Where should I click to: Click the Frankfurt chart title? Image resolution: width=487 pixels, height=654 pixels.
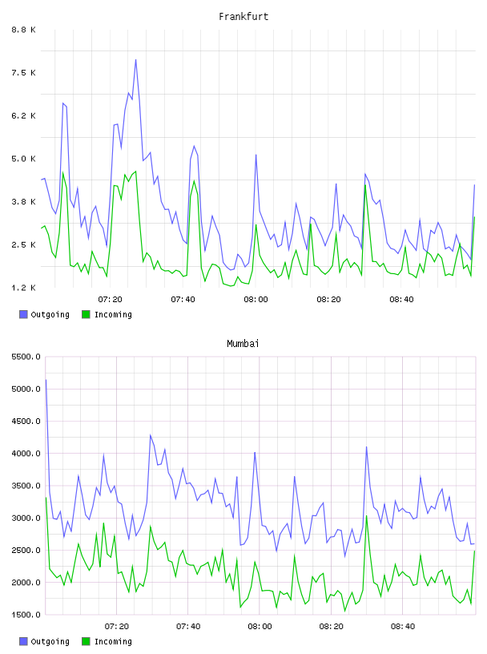pyautogui.click(x=243, y=17)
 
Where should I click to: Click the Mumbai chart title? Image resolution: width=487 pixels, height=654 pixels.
pyautogui.click(x=243, y=344)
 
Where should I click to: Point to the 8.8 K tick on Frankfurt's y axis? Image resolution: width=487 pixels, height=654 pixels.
pyautogui.click(x=24, y=30)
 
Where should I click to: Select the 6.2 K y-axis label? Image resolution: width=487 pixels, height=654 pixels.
pyautogui.click(x=24, y=115)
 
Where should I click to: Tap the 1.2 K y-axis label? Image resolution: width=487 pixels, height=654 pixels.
pyautogui.click(x=24, y=288)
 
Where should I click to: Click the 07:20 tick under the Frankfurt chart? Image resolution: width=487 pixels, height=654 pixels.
pyautogui.click(x=110, y=299)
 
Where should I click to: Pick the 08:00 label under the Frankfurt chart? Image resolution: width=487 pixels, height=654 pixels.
pyautogui.click(x=256, y=299)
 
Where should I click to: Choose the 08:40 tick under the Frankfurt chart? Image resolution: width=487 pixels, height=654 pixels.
pyautogui.click(x=401, y=299)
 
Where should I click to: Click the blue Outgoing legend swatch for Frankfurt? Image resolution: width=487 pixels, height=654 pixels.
pyautogui.click(x=23, y=314)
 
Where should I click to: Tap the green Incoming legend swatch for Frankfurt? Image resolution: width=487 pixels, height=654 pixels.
pyautogui.click(x=86, y=314)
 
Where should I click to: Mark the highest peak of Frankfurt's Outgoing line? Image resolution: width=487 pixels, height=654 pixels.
pyautogui.click(x=135, y=59)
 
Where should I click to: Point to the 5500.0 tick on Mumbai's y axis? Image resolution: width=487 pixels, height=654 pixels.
pyautogui.click(x=26, y=357)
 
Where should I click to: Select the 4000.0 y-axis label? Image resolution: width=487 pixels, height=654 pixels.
pyautogui.click(x=26, y=454)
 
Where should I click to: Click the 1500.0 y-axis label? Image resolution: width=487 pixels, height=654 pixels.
pyautogui.click(x=26, y=615)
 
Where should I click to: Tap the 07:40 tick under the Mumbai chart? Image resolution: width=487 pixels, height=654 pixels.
pyautogui.click(x=188, y=626)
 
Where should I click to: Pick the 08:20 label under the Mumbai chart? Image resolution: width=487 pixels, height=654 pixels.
pyautogui.click(x=331, y=626)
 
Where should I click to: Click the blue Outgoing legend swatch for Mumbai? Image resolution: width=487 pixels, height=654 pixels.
pyautogui.click(x=23, y=641)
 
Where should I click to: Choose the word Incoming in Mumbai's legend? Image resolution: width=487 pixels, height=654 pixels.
pyautogui.click(x=113, y=641)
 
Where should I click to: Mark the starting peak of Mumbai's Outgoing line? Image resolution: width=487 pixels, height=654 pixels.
pyautogui.click(x=46, y=380)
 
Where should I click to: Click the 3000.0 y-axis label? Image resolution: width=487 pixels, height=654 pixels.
pyautogui.click(x=26, y=518)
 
